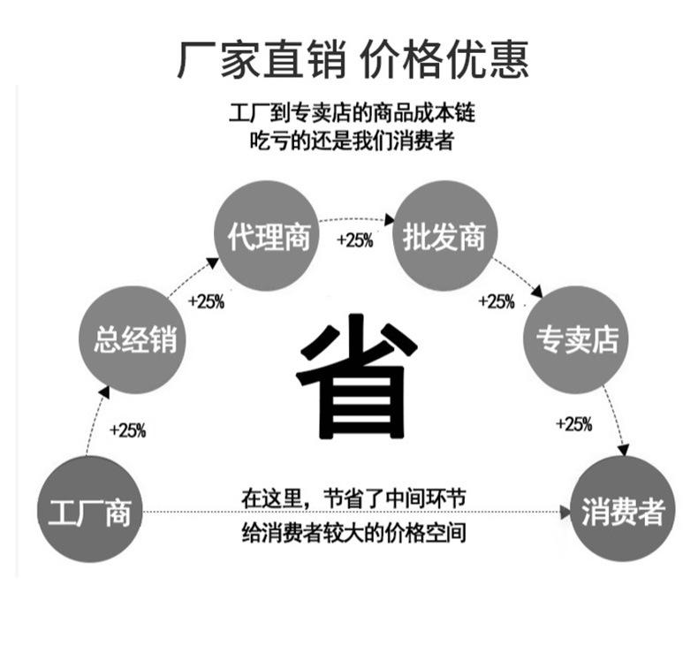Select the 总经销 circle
[x=136, y=338]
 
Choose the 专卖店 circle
[x=577, y=338]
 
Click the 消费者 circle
[x=623, y=511]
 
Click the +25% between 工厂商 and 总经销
[x=127, y=430]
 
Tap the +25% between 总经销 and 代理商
[x=207, y=301]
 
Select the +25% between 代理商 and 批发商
[x=355, y=240]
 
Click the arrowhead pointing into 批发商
[x=389, y=219]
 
